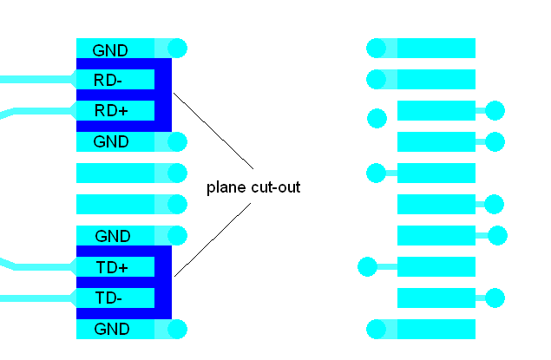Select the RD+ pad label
pyautogui.click(x=110, y=111)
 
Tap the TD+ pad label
pyautogui.click(x=110, y=267)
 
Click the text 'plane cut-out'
pyautogui.click(x=253, y=187)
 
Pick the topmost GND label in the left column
pyautogui.click(x=110, y=49)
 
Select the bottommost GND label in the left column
pyautogui.click(x=110, y=330)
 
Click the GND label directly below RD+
pyautogui.click(x=110, y=142)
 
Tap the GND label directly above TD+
pyautogui.click(x=110, y=236)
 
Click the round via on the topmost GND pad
pyautogui.click(x=177, y=49)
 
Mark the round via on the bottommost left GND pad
pyautogui.click(x=177, y=330)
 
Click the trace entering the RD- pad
pyautogui.click(x=35, y=80)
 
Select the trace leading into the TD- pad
pyautogui.click(x=35, y=298)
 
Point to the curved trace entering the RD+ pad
pyautogui.click(x=35, y=110)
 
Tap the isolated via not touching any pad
pyautogui.click(x=377, y=117)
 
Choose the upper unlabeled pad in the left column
pyautogui.click(x=115, y=173)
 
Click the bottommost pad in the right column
pyautogui.click(x=436, y=330)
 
